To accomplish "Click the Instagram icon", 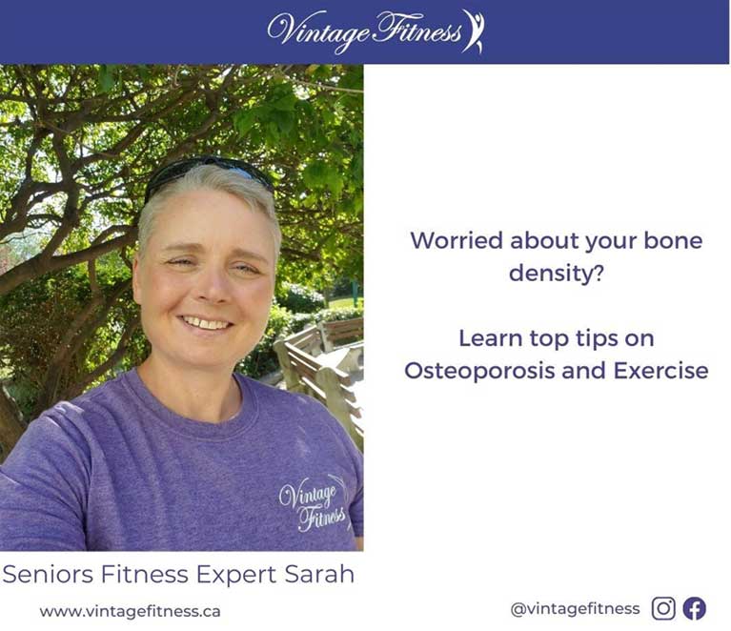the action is pos(663,608).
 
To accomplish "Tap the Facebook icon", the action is pos(694,608).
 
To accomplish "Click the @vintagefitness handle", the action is pos(575,609).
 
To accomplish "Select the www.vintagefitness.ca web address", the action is pos(130,611).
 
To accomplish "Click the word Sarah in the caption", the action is pos(319,574).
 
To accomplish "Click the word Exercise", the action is pos(660,371).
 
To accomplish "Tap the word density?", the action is pos(557,273).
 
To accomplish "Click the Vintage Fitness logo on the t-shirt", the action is pos(314,504).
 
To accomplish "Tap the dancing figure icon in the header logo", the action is pos(474,31).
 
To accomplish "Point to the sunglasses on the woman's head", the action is pos(209,173).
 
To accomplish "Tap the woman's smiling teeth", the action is pos(205,323).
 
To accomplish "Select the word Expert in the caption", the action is pos(237,575).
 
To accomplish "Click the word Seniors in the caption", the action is pos(48,574).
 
